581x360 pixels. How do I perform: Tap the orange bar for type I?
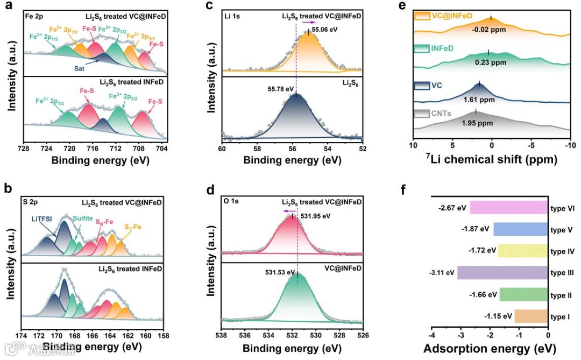(531, 317)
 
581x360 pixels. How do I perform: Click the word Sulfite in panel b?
(83, 217)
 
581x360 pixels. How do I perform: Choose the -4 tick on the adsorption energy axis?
(432, 334)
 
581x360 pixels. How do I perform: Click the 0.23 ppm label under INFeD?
(490, 62)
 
